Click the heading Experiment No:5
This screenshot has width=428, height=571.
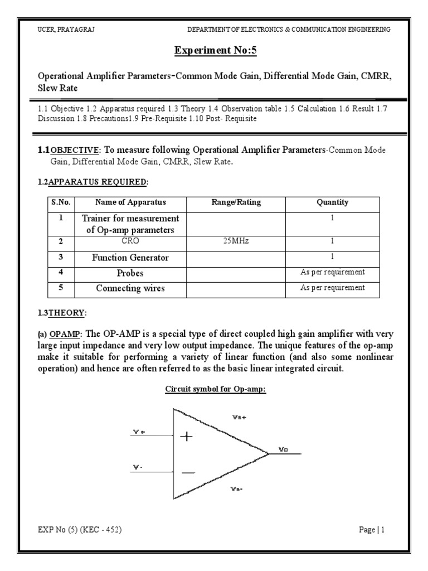[x=214, y=52]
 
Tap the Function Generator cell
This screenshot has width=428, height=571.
[x=130, y=258]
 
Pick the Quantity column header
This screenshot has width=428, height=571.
[x=332, y=202]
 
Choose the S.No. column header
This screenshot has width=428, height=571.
[x=61, y=202]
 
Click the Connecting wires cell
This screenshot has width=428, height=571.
[x=130, y=288]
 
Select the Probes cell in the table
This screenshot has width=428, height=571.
[x=130, y=273]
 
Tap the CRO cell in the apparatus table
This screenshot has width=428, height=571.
[x=130, y=242]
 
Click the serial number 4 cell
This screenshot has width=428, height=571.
[x=61, y=273]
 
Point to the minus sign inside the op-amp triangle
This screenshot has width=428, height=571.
[x=188, y=473]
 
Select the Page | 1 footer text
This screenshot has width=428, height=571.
[x=372, y=530]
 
